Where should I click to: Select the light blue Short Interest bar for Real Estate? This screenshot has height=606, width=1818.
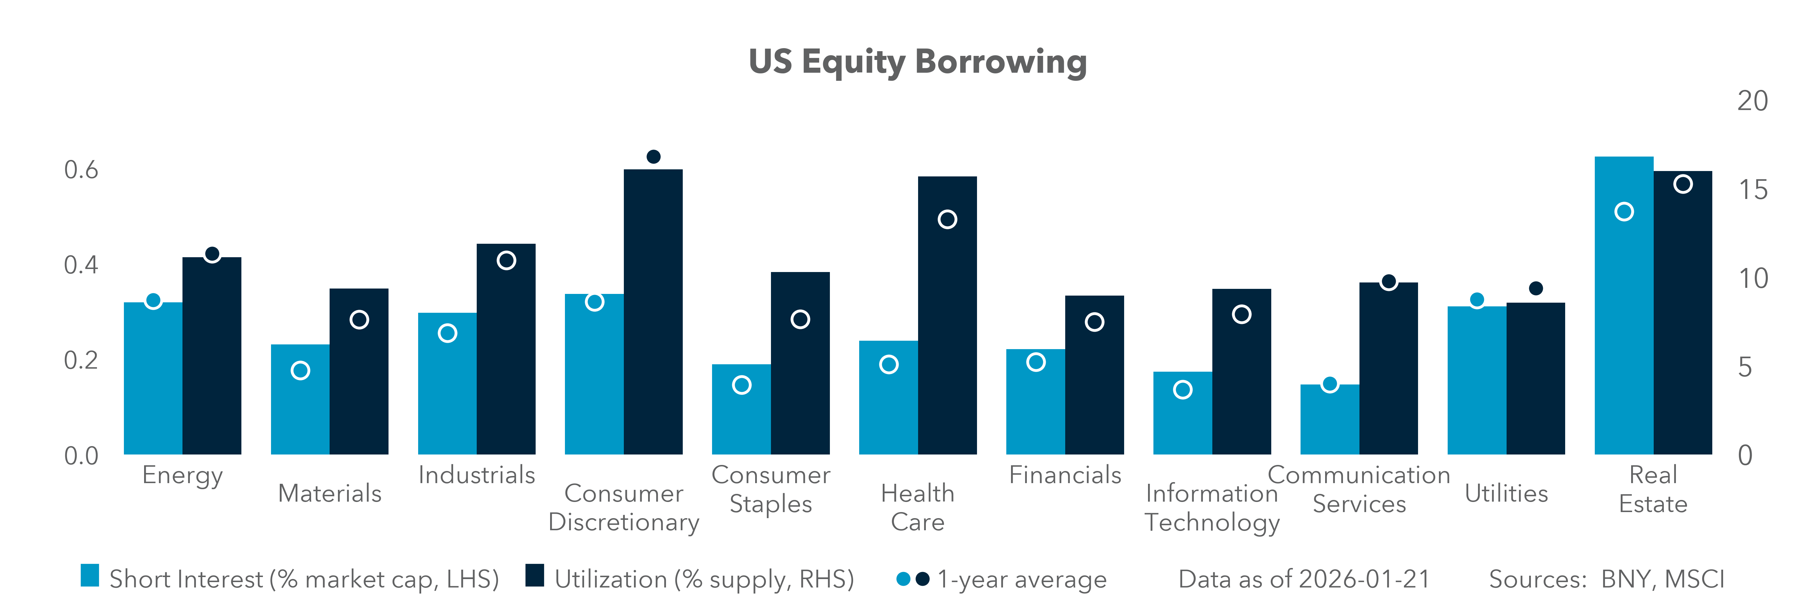tap(1623, 317)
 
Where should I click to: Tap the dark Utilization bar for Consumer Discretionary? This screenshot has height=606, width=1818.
tap(653, 317)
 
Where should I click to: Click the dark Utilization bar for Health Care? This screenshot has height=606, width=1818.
tap(947, 325)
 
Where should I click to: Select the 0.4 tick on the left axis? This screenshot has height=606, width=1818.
tap(81, 265)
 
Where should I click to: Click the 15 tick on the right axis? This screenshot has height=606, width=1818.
tap(1752, 190)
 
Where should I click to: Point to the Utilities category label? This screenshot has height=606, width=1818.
tap(1506, 493)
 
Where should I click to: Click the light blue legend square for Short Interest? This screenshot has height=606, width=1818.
tap(90, 576)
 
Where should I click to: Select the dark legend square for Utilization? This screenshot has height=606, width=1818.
tap(535, 576)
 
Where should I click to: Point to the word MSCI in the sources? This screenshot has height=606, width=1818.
tap(1694, 579)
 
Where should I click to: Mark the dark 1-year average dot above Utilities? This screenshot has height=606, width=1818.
tap(1536, 289)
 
